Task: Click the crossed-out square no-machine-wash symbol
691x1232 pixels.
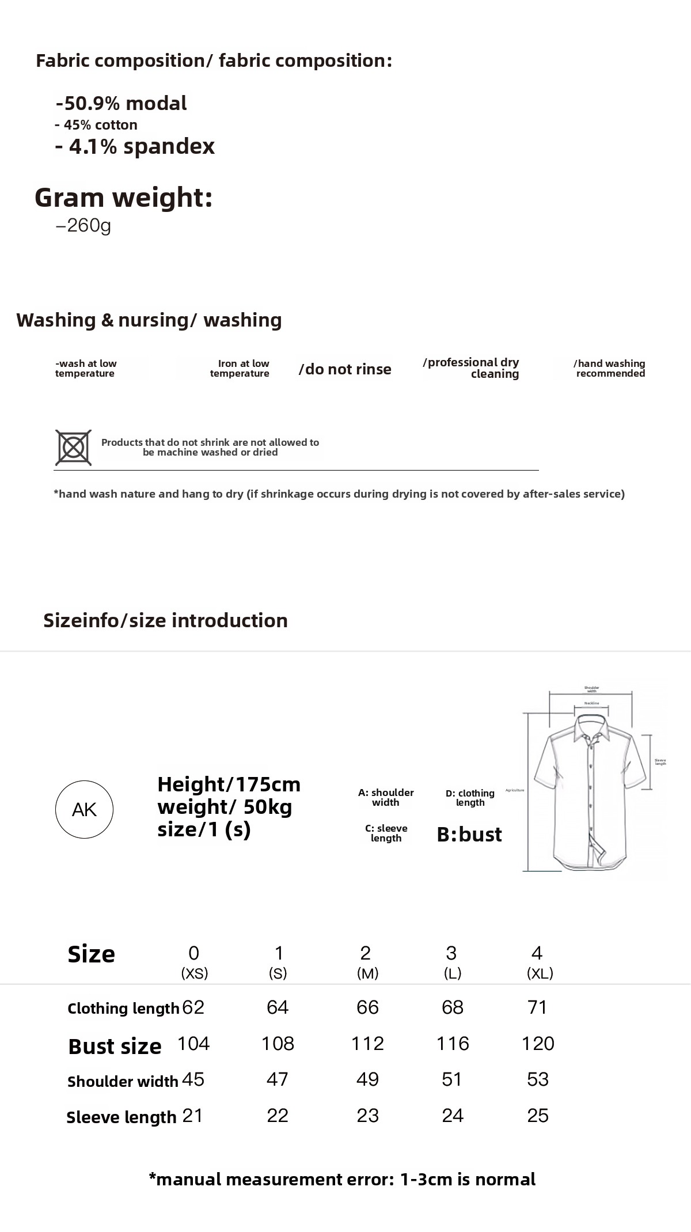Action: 73,448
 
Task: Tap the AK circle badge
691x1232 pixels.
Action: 84,809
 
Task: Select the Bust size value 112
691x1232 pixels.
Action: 367,1043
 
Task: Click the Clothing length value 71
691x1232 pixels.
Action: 537,1007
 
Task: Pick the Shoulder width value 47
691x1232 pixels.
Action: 277,1079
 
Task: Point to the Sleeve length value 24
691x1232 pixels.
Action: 453,1115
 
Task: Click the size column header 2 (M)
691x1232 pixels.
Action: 366,962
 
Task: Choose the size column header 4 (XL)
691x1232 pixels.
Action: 538,962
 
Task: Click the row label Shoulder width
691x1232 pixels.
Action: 123,1081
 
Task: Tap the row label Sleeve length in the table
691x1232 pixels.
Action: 122,1117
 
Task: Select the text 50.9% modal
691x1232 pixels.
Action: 122,104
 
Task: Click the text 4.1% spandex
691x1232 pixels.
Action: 135,146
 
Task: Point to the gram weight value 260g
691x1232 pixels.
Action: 83,225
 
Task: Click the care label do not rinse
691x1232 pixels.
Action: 345,369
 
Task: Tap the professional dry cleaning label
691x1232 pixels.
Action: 472,367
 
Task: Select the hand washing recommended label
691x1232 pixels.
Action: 609,368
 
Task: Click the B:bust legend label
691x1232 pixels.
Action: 469,834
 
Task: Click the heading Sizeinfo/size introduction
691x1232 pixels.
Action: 165,620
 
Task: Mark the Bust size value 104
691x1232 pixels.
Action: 193,1043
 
